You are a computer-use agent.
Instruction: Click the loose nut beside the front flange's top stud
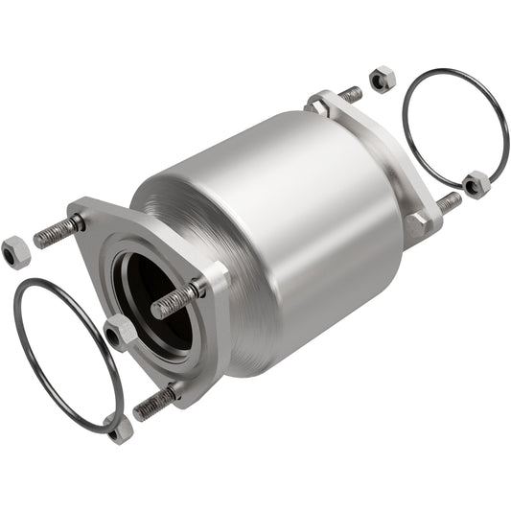point(15,251)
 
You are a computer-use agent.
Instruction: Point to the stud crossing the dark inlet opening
point(178,299)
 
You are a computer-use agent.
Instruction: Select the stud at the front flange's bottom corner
point(153,403)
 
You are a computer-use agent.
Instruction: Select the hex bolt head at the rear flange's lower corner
point(416,226)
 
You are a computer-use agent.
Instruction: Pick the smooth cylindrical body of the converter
point(288,221)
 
